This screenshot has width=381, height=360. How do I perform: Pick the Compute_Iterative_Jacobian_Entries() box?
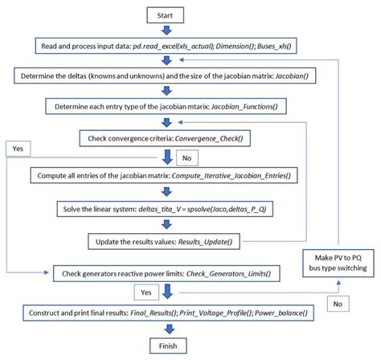(x=166, y=174)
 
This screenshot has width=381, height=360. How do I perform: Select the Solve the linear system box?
(x=166, y=209)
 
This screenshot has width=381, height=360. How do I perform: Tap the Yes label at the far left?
(x=18, y=148)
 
